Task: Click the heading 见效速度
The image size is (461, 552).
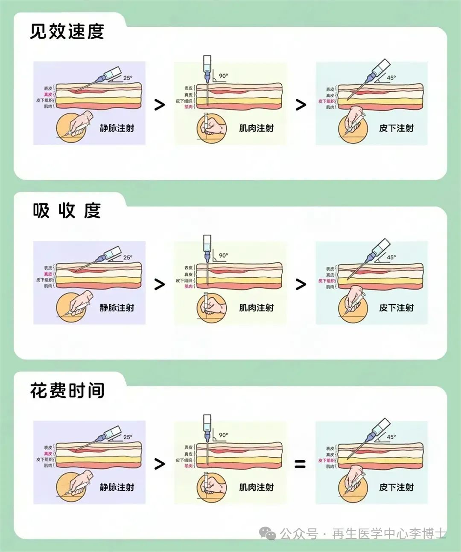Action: click(67, 32)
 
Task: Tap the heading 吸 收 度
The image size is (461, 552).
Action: click(67, 211)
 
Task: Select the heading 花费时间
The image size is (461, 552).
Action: click(67, 390)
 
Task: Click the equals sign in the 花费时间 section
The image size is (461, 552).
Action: click(300, 464)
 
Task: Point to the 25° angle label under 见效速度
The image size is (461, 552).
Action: click(128, 78)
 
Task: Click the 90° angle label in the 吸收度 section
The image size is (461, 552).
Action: click(223, 256)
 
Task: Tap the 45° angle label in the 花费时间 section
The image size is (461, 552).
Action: click(391, 437)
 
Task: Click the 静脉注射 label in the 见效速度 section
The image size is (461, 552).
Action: click(117, 128)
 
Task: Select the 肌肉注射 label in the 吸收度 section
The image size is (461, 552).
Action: click(256, 308)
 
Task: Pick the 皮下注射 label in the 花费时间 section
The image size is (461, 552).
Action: click(396, 487)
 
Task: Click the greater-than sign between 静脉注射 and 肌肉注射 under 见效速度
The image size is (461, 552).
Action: click(159, 105)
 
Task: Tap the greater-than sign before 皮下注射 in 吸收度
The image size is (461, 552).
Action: click(301, 285)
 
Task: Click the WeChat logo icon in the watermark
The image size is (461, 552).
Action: click(268, 533)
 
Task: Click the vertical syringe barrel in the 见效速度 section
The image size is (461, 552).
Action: click(207, 65)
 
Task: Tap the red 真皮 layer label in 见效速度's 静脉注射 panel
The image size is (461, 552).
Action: click(48, 94)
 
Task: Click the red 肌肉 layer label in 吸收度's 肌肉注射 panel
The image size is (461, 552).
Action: click(188, 286)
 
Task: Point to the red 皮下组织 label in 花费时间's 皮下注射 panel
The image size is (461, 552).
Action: click(327, 461)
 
